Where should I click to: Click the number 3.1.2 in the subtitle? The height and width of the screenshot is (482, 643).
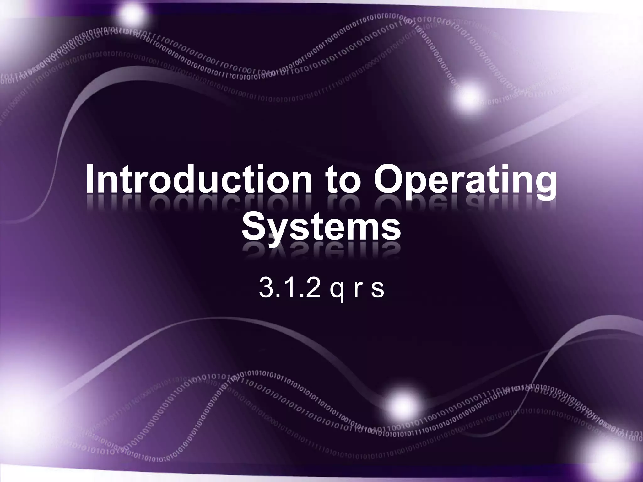pyautogui.click(x=289, y=288)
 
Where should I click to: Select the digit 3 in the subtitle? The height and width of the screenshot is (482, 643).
pyautogui.click(x=266, y=288)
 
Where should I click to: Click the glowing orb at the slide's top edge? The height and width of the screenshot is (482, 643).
pyautogui.click(x=132, y=14)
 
